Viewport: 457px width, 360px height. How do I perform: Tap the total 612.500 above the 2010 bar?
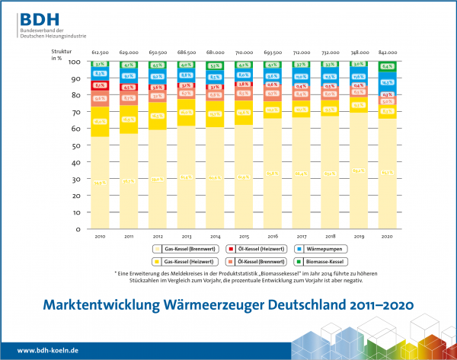[x=101, y=52]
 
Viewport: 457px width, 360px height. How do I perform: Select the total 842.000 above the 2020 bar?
[x=388, y=52]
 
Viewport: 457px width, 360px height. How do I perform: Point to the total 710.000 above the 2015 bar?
[x=244, y=52]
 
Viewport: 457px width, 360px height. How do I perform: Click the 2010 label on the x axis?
[x=101, y=236]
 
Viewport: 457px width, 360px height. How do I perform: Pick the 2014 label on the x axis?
[x=216, y=236]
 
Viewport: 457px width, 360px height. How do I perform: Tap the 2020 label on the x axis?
[x=388, y=236]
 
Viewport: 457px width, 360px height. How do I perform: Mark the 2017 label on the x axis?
[x=302, y=236]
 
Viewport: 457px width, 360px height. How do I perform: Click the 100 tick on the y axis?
[x=75, y=62]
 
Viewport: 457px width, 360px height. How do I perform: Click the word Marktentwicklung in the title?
[x=96, y=305]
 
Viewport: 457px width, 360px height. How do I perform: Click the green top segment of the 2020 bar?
[x=388, y=66]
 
